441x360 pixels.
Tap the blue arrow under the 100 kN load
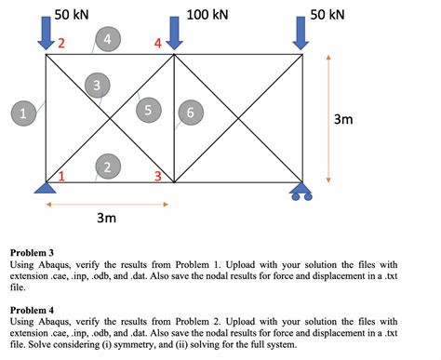click(174, 34)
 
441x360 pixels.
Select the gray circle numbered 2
click(108, 167)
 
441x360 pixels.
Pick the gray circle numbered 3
click(95, 87)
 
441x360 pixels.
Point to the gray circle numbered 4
click(108, 39)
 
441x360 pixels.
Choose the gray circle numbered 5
click(147, 110)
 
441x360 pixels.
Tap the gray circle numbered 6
click(190, 112)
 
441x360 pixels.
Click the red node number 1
click(62, 175)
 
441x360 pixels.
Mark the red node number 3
click(158, 175)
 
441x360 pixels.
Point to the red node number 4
click(158, 43)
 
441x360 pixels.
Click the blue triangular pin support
click(44, 188)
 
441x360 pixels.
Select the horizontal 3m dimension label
click(106, 218)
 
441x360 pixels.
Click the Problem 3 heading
click(34, 252)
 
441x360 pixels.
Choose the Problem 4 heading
click(34, 308)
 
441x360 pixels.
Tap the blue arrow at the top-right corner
click(300, 34)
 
